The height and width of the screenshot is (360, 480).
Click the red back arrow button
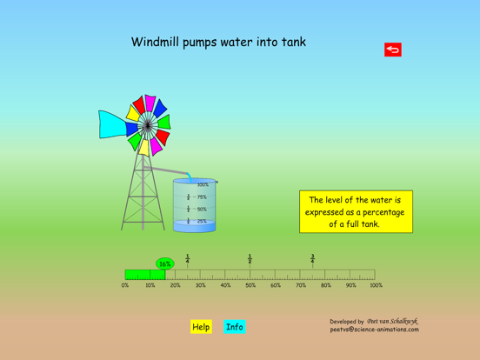click(392, 50)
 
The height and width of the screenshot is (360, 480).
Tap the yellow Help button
click(201, 327)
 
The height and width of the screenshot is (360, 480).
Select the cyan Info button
click(235, 327)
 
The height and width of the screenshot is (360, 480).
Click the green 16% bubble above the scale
click(164, 263)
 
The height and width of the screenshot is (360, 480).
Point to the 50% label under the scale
click(250, 285)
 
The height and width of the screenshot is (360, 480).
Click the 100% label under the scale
click(376, 285)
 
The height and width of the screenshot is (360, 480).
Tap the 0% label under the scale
click(125, 285)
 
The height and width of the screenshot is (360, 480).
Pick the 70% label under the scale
click(301, 285)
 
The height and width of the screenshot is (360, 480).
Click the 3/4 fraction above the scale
click(313, 258)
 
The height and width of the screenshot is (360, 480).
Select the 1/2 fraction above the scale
click(250, 258)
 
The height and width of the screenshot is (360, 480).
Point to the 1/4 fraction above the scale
click(188, 258)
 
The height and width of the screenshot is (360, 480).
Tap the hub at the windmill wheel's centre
click(148, 126)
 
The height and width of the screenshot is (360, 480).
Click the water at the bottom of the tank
click(194, 227)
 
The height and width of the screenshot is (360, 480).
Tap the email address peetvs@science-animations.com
click(374, 330)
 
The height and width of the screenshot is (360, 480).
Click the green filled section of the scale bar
click(144, 274)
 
